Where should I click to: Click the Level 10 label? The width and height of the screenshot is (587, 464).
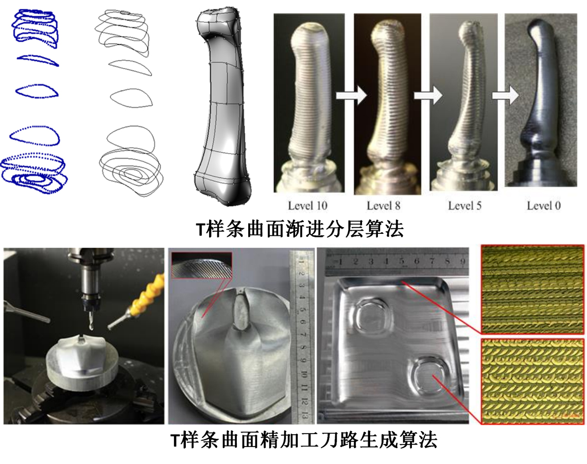tap(307, 205)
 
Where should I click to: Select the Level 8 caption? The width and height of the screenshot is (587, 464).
tap(383, 205)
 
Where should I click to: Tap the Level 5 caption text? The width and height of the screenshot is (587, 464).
tap(464, 205)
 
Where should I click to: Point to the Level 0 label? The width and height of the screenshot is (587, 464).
tap(544, 205)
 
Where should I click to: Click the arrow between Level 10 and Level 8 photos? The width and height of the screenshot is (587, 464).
tap(351, 95)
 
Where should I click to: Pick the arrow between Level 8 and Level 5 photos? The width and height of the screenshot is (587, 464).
tap(428, 95)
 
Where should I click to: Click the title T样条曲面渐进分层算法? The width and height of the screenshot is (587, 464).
tap(300, 229)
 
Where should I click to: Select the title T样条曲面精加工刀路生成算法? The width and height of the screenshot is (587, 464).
tap(304, 439)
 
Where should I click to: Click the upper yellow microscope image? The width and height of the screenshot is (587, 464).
tap(532, 289)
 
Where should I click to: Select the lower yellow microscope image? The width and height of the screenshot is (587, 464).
tap(532, 381)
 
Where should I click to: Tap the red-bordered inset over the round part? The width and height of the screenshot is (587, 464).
tap(202, 265)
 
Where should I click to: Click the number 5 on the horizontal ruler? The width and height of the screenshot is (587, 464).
tap(402, 262)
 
